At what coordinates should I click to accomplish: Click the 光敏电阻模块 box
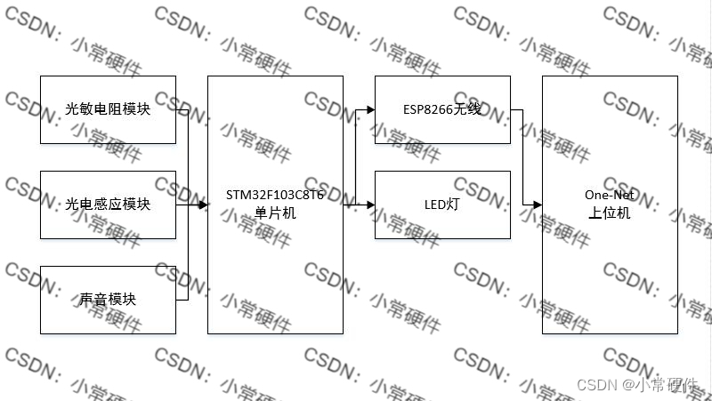(x=108, y=109)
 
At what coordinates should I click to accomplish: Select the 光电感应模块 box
(x=108, y=205)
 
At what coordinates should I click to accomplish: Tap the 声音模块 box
(x=108, y=300)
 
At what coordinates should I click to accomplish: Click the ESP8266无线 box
(x=442, y=109)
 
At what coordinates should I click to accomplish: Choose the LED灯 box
(x=442, y=205)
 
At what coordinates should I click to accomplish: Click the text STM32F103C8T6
(x=275, y=196)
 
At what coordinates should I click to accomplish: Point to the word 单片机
(x=275, y=213)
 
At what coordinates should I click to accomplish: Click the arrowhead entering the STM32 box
(x=203, y=205)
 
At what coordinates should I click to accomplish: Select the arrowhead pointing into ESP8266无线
(x=370, y=110)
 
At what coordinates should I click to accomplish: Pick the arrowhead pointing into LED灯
(x=370, y=205)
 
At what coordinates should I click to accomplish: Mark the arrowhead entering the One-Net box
(x=538, y=205)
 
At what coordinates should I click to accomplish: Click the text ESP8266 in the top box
(x=426, y=109)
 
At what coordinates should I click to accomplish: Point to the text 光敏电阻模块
(x=108, y=109)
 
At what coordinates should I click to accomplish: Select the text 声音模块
(x=108, y=300)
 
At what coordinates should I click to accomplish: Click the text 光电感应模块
(x=108, y=205)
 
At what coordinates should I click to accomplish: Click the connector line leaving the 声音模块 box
(x=182, y=300)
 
